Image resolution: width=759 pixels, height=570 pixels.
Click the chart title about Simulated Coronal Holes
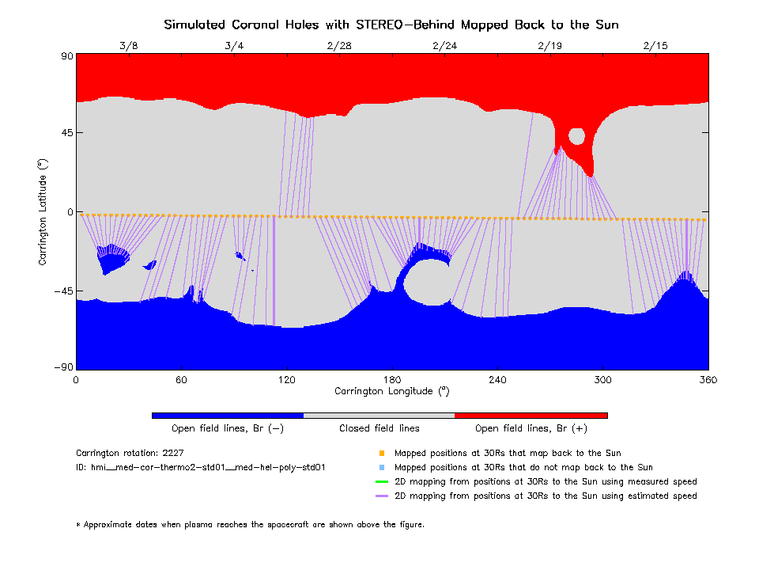[391, 25]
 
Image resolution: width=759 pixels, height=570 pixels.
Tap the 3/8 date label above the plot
[129, 46]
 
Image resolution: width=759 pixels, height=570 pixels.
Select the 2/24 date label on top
[444, 46]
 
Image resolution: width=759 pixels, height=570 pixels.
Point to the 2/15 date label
[655, 46]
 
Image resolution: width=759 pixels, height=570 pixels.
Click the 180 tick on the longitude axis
[392, 380]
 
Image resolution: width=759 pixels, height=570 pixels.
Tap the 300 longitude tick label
[603, 380]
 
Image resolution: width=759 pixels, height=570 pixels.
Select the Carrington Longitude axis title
[392, 391]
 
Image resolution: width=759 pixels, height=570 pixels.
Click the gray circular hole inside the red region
[576, 136]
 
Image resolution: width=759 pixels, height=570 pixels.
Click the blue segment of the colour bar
[228, 415]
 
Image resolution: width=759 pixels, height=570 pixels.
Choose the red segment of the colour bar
[531, 415]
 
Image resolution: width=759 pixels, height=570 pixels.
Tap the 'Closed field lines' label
[379, 428]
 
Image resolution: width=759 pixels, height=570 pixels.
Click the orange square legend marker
[381, 454]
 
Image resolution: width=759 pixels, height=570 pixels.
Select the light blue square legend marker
[381, 468]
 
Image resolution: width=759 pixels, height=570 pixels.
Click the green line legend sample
[381, 482]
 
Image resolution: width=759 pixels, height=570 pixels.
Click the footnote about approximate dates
[250, 524]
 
